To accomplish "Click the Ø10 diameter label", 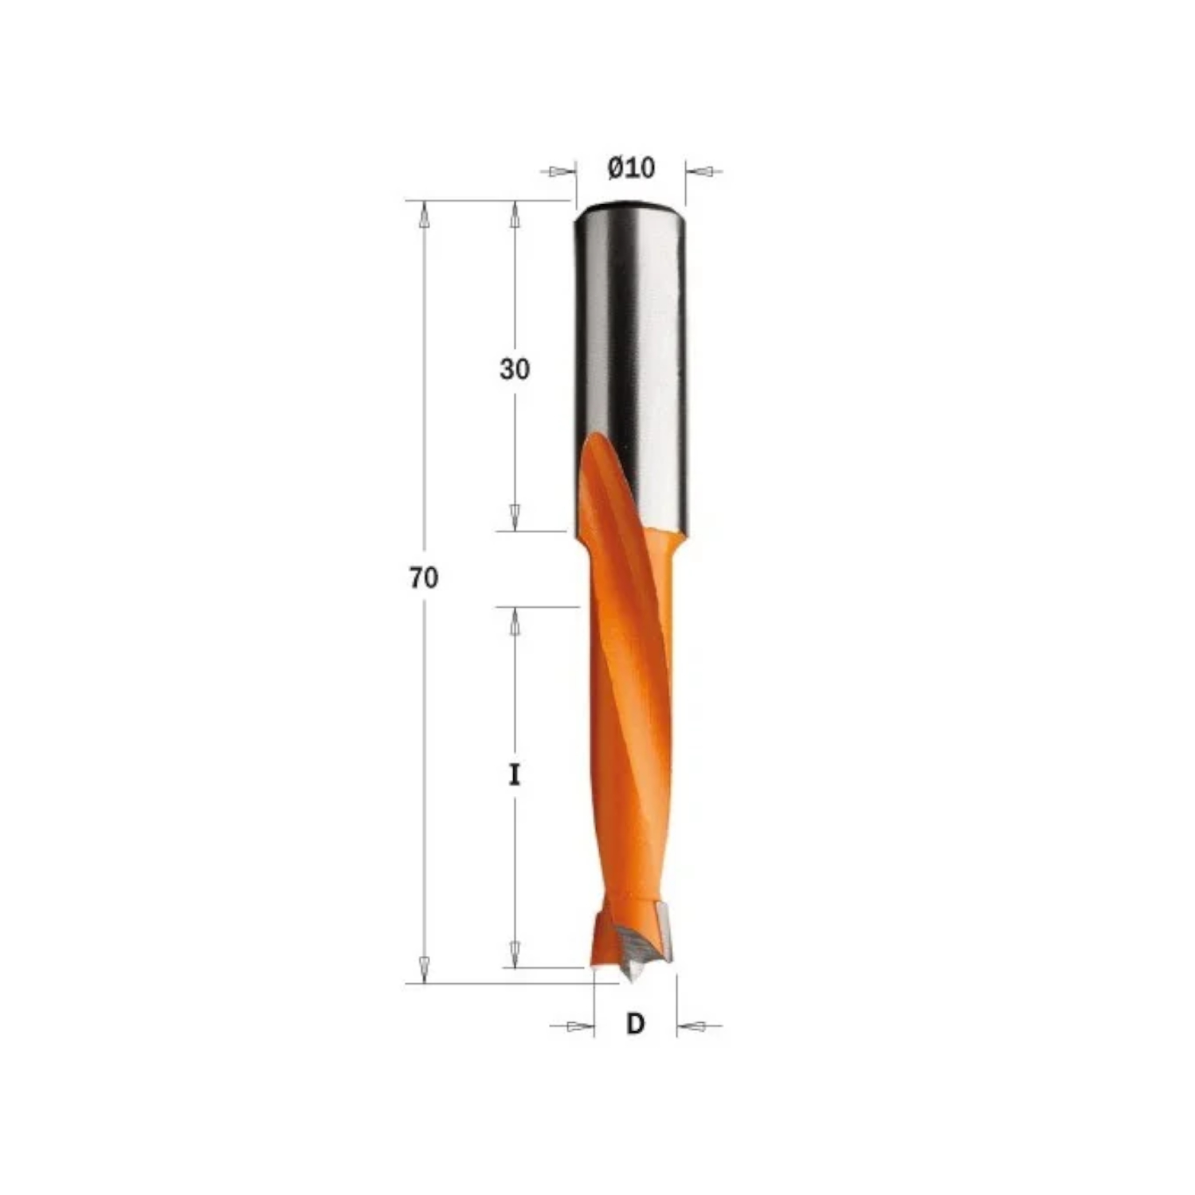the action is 631,168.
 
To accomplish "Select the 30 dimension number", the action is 515,370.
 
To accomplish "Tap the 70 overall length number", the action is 424,578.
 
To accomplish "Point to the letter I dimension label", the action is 515,774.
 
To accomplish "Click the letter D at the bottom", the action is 635,1024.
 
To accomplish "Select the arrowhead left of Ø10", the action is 562,171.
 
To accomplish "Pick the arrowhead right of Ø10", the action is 699,171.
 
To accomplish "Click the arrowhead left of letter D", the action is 581,1026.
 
